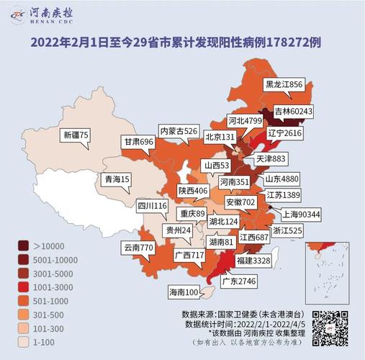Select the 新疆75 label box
pos(75,135)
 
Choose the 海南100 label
pos(184,292)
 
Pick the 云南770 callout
pos(139,248)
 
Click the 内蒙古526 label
pos(179,130)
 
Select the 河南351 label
pos(233,181)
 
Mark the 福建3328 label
pos(253,259)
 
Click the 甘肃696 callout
pos(138,143)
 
